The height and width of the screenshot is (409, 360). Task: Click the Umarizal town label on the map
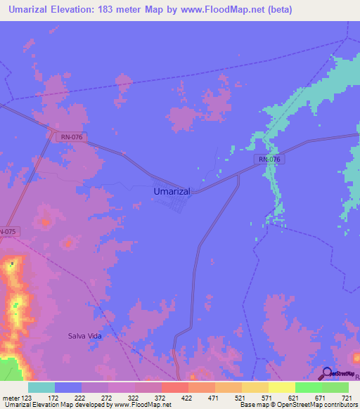tap(172, 190)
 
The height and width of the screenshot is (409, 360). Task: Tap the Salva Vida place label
tap(85, 337)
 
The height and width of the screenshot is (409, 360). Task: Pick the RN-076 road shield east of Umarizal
tap(269, 160)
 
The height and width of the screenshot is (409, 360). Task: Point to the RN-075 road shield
tap(6, 231)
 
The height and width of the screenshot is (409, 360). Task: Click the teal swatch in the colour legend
tap(41, 387)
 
